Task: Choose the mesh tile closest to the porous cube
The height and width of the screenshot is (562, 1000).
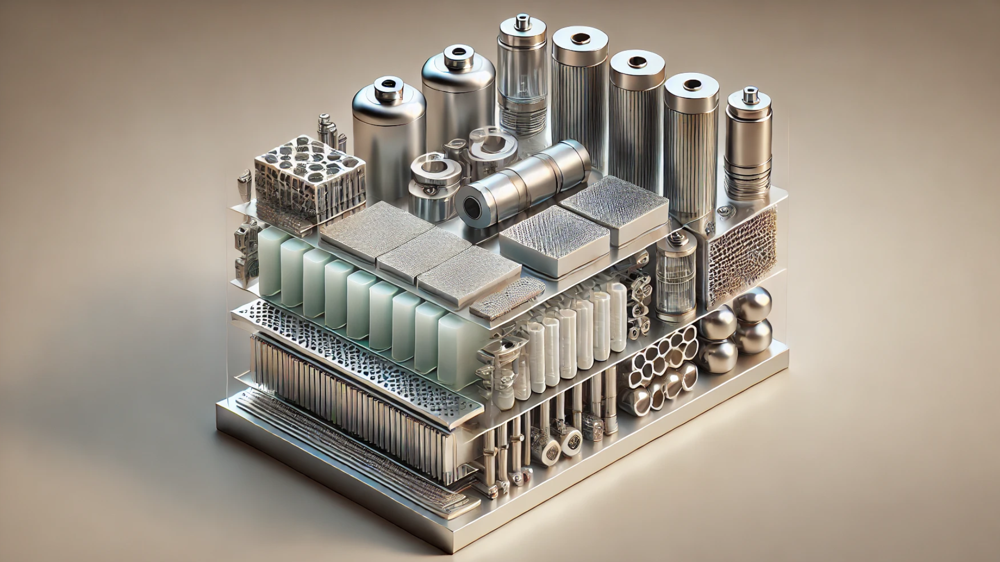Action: point(375,229)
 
